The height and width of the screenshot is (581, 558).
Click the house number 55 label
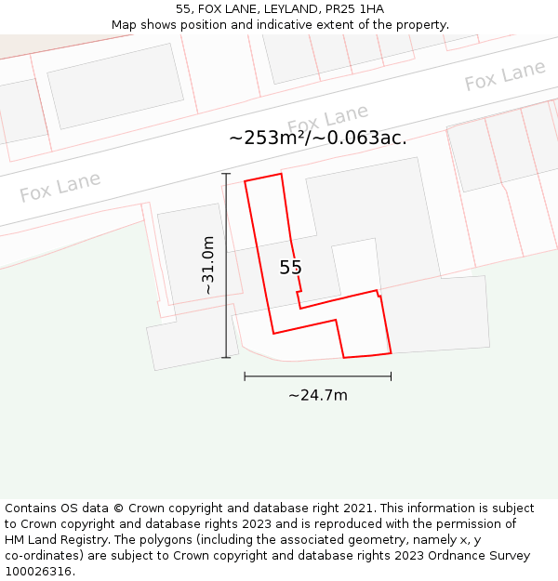coord(290,268)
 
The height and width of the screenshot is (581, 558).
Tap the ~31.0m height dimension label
coord(208,266)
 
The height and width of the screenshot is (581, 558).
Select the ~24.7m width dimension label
coord(317,395)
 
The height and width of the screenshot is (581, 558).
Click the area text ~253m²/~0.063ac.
coord(318,138)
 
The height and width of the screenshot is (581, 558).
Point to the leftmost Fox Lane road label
coord(60,187)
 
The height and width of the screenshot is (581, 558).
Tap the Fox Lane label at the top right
coord(505,76)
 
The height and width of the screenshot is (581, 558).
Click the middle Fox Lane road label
coord(327,120)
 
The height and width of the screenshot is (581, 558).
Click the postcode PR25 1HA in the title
coord(353,9)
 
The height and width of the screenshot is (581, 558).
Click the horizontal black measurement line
coord(317,376)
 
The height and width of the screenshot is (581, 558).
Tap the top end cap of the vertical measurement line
coord(226,174)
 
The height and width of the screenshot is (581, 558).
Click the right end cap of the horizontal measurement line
coord(391,376)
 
